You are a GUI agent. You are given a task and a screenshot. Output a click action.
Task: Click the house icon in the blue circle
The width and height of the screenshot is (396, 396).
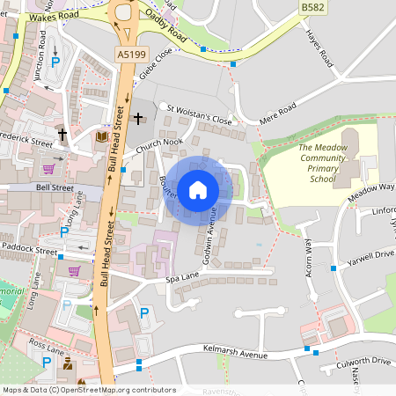click(x=198, y=190)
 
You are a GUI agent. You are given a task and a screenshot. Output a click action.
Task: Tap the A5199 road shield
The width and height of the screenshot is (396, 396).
click(x=130, y=54)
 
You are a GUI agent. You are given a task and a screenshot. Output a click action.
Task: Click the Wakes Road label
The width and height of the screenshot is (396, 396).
click(x=54, y=17)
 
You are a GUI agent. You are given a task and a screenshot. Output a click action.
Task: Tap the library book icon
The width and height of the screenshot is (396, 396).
click(x=101, y=138)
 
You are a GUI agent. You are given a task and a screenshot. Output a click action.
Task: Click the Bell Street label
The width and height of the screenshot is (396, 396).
click(x=55, y=187)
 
